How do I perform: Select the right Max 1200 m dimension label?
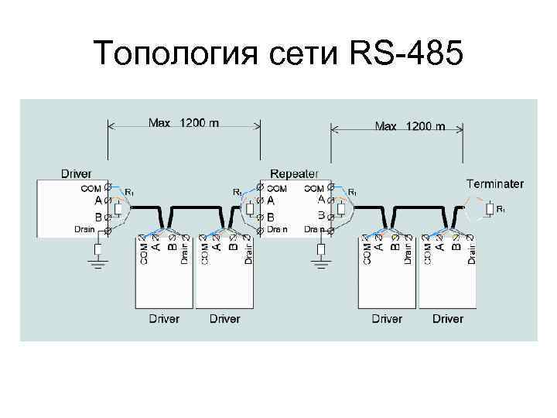click(x=409, y=125)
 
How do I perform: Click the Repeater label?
click(x=295, y=173)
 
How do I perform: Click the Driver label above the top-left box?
click(x=77, y=173)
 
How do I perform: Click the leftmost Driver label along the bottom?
click(x=163, y=318)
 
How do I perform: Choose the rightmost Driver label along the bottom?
click(x=448, y=318)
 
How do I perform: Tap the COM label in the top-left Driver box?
click(x=91, y=187)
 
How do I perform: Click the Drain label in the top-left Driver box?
click(x=84, y=229)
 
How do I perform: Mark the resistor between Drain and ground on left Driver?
click(x=97, y=249)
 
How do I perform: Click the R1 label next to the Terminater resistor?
click(x=501, y=209)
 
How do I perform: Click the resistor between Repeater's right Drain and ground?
click(x=320, y=249)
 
